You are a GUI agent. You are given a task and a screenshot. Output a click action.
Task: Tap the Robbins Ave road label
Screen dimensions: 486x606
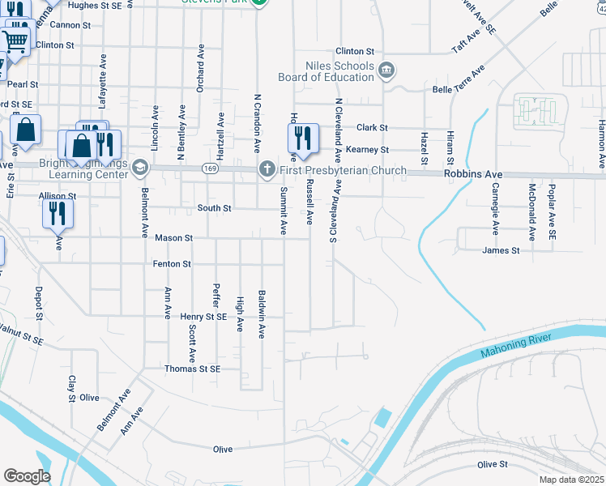[x=473, y=174]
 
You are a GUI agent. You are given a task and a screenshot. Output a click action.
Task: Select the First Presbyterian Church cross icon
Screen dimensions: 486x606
[x=267, y=168]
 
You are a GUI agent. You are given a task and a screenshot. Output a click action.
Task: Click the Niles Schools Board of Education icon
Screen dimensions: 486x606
[x=386, y=71]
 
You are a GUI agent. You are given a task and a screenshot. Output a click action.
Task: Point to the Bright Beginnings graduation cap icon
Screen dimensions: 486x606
[x=140, y=168]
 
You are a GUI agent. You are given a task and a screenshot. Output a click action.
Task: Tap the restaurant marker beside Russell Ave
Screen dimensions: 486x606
[x=302, y=139]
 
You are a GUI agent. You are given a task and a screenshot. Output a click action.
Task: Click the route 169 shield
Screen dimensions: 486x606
[x=210, y=168]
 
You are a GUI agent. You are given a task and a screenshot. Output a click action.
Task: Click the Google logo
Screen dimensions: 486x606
[x=27, y=475]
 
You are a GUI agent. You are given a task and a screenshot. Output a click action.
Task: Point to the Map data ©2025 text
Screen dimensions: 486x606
[x=571, y=480]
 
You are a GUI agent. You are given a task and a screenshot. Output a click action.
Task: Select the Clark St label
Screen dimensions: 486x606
[x=373, y=128]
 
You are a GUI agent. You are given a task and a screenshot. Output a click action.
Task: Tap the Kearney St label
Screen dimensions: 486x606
[x=367, y=150]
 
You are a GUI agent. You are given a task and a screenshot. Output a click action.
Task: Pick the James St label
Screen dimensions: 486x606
[x=501, y=250]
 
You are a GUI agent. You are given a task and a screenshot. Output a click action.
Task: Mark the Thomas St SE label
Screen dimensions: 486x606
[x=192, y=369]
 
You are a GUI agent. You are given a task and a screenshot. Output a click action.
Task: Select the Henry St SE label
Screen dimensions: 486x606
[x=203, y=317]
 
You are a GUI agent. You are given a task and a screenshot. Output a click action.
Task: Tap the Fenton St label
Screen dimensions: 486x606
[x=171, y=264]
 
